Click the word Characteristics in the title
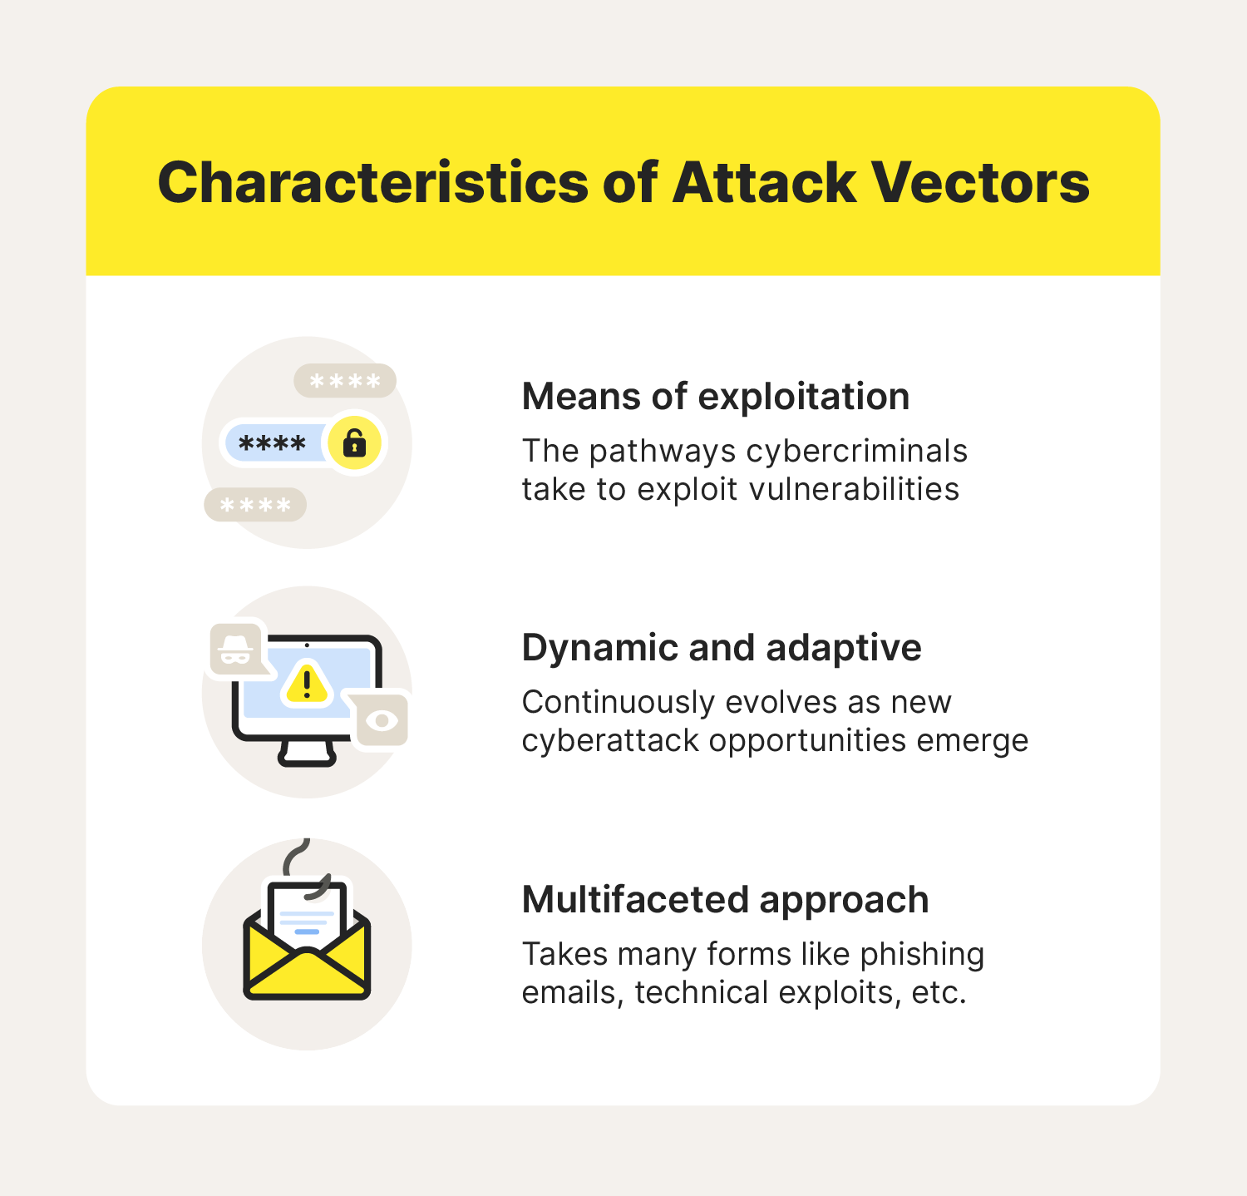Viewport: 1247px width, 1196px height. pos(374,182)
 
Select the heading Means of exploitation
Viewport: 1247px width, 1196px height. pos(716,396)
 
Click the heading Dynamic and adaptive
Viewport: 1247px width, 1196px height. pos(722,647)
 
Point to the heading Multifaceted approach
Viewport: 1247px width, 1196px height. pos(725,900)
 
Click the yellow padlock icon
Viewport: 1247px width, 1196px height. pos(355,442)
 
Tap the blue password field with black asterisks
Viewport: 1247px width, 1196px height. pos(274,443)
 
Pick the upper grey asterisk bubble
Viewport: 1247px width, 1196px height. pos(345,381)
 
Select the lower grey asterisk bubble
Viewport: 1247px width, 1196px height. pos(255,505)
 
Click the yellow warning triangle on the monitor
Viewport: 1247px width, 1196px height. pos(308,684)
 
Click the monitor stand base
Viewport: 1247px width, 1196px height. pos(307,754)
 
